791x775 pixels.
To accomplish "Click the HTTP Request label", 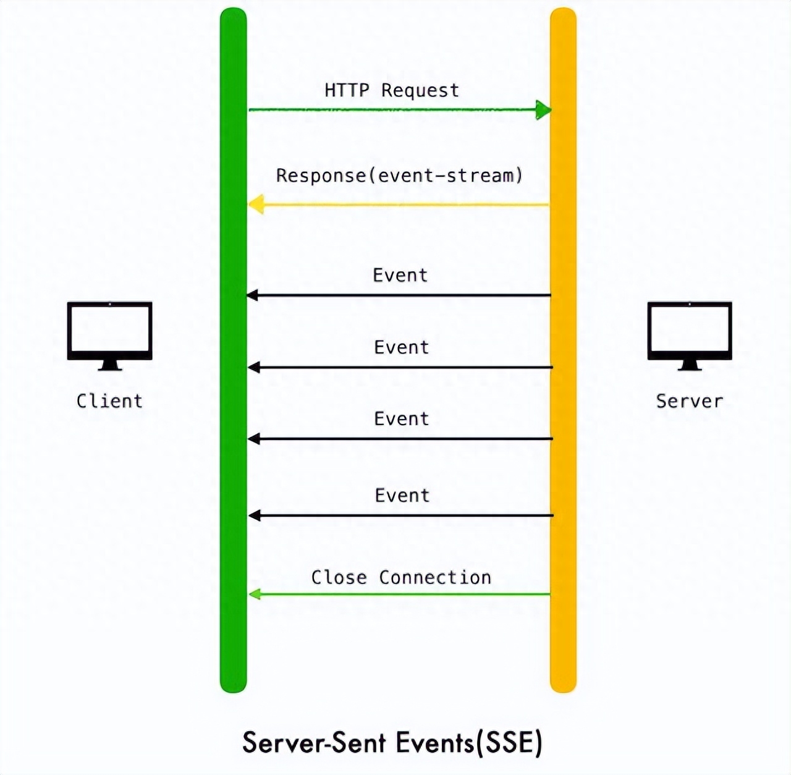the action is (x=392, y=91).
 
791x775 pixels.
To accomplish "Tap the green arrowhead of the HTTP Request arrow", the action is (x=543, y=109).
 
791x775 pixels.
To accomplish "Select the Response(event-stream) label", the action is (x=399, y=176).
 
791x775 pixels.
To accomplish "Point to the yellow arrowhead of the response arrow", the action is (x=256, y=205).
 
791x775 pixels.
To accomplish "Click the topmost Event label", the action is (x=400, y=275).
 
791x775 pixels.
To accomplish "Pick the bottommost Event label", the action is (x=402, y=495).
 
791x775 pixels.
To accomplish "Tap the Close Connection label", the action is (x=401, y=577).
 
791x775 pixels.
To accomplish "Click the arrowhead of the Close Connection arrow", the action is (x=255, y=594).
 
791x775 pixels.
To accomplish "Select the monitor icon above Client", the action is (x=109, y=336).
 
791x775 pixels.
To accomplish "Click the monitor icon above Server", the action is (x=690, y=336).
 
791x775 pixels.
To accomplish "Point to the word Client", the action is (x=109, y=401).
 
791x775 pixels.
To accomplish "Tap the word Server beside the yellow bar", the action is (x=690, y=401).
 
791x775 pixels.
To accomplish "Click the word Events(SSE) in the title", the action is (x=469, y=743).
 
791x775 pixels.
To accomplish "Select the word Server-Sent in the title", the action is (x=314, y=743).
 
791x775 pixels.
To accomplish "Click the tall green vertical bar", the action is (x=233, y=350).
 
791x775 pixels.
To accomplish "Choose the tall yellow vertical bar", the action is (x=563, y=350).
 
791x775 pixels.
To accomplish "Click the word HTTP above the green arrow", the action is (x=347, y=90).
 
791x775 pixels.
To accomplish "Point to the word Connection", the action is (x=435, y=577).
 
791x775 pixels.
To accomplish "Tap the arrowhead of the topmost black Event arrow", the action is (x=253, y=295).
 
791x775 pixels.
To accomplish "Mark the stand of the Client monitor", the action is (x=110, y=365).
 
